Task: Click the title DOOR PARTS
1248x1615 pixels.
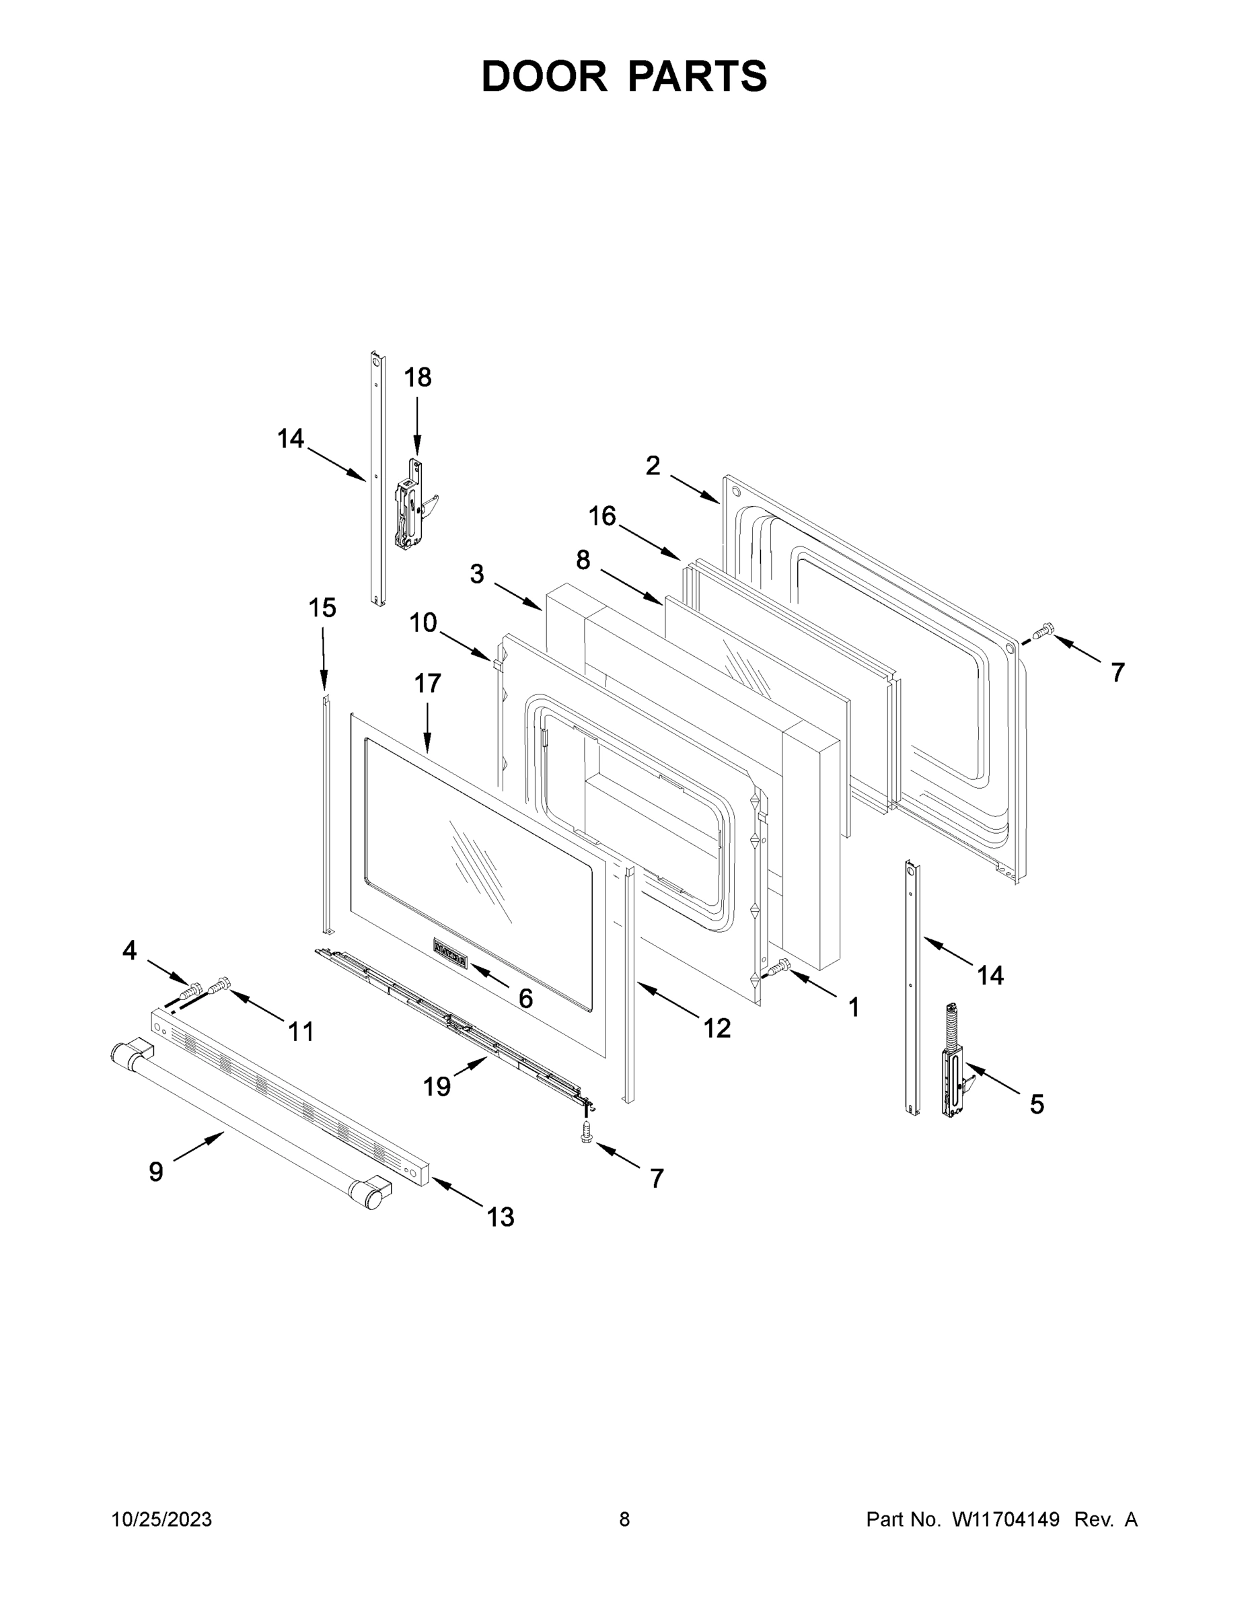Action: [624, 76]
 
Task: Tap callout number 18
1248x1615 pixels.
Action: [417, 378]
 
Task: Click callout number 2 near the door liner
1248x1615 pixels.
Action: [653, 466]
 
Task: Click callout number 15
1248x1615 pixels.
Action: [322, 608]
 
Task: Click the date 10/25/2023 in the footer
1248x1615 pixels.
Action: [161, 1519]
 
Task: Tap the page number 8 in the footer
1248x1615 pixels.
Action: [624, 1519]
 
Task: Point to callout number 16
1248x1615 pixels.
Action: [603, 515]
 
